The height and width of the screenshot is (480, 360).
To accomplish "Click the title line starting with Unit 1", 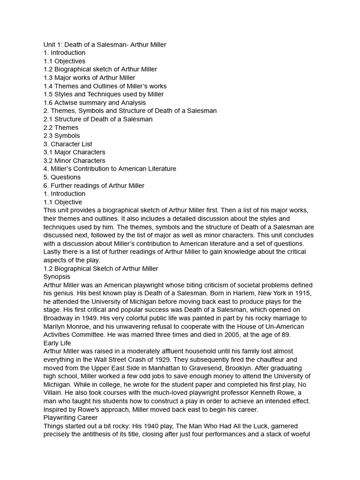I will (105, 45).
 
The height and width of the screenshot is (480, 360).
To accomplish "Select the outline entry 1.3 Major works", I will (89, 78).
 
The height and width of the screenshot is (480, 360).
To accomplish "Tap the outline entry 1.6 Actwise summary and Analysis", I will (94, 103).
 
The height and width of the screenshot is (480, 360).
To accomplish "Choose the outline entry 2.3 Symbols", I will (61, 136).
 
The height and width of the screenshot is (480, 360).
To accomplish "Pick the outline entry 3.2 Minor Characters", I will (74, 161).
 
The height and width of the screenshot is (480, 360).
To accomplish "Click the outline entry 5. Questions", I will (62, 177).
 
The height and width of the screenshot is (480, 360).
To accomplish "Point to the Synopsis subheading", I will (57, 277).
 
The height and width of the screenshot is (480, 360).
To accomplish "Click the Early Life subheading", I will (57, 343).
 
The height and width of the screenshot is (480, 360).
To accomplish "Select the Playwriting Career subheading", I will (70, 418).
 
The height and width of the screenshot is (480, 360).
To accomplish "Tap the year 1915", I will (302, 293).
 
